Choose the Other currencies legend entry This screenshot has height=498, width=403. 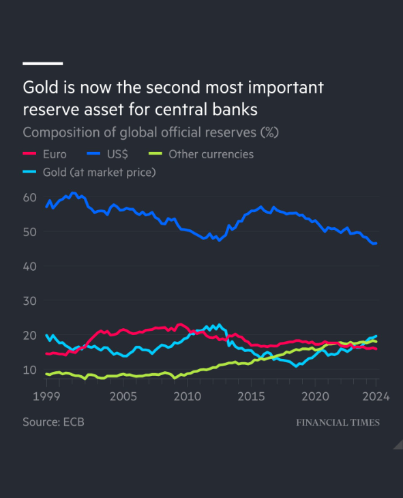point(211,154)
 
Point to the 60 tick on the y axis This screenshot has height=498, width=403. point(29,197)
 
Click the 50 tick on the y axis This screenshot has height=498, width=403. point(29,232)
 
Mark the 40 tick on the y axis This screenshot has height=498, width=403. point(29,266)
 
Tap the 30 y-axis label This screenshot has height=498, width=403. point(29,301)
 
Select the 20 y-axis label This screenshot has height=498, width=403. point(29,335)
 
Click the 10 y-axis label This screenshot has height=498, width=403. point(29,370)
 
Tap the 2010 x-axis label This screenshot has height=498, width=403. point(187,396)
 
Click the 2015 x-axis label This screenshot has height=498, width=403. point(251,396)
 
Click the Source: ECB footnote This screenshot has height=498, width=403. point(53,422)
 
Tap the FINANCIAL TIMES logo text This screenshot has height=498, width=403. point(338,423)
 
